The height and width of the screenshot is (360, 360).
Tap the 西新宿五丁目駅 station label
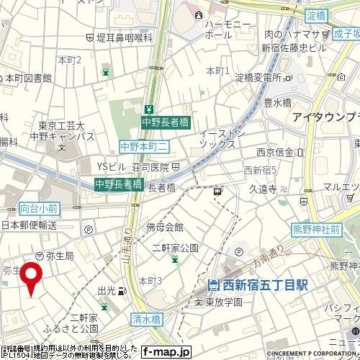tap(258, 285)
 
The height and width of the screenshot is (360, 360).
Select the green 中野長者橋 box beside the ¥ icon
tap(166, 123)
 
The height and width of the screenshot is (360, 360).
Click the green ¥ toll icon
tap(148, 109)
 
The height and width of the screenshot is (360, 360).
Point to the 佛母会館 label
tap(165, 227)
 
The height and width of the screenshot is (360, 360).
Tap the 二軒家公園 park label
tap(176, 248)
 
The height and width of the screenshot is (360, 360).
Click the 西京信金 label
tap(274, 152)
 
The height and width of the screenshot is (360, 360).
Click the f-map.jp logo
tap(166, 352)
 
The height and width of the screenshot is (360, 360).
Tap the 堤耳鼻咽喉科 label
tap(120, 37)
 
